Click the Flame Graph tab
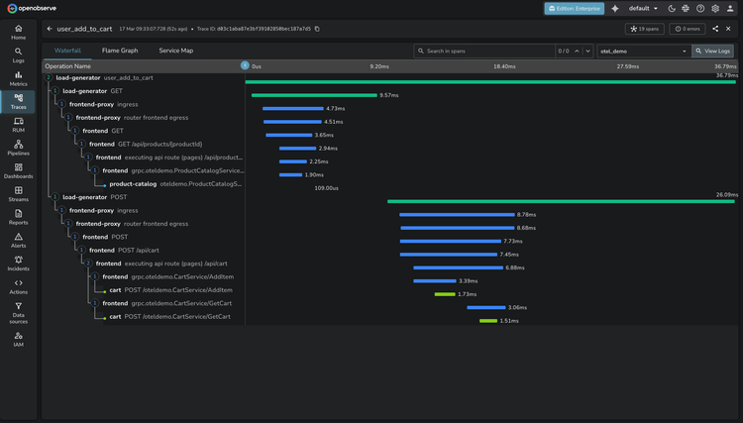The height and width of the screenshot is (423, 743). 120,50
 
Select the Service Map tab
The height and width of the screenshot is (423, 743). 175,50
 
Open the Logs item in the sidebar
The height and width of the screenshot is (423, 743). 18,54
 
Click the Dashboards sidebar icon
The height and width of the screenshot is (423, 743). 18,171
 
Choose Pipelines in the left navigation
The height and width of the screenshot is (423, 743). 18,148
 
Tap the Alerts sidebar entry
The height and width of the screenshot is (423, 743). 18,241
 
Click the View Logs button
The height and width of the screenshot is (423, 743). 713,51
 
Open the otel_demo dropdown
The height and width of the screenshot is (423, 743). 643,51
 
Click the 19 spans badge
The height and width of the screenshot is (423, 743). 645,29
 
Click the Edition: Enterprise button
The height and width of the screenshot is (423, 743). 574,8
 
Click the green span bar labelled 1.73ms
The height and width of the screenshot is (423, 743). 444,294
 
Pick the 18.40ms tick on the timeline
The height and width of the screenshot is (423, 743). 504,66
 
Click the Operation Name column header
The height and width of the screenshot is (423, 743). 68,66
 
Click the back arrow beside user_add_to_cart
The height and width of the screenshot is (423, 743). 50,29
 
